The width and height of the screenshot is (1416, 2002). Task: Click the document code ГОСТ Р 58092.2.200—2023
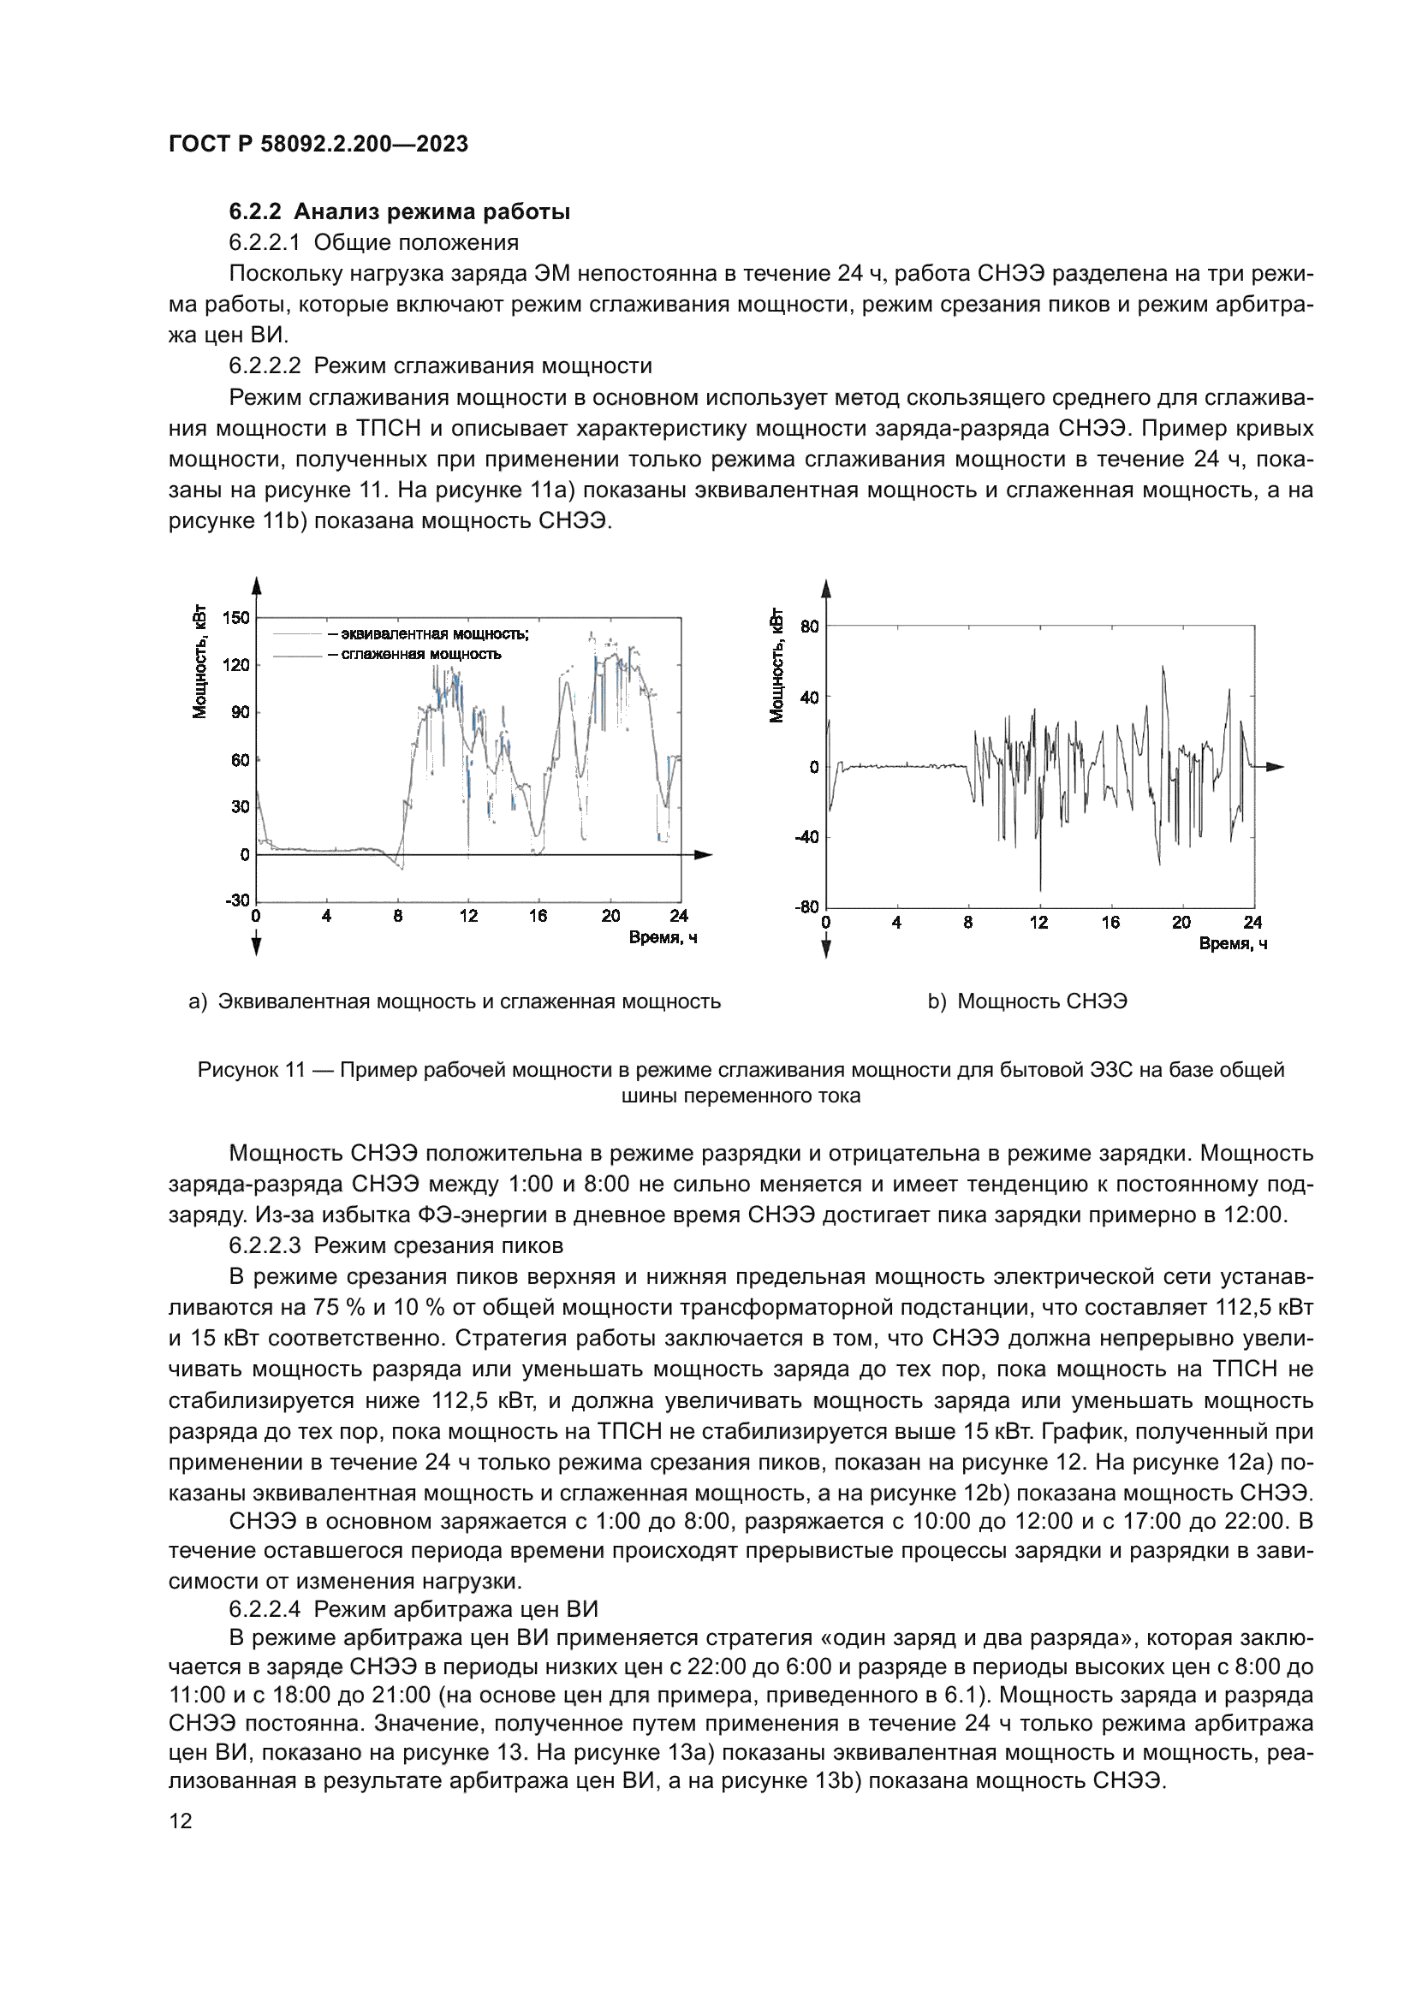[318, 144]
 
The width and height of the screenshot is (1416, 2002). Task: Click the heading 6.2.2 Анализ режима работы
[399, 212]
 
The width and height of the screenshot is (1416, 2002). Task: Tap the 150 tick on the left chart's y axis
[235, 618]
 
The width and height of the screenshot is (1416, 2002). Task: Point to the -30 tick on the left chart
[236, 900]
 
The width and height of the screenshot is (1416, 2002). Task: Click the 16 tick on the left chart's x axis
[538, 917]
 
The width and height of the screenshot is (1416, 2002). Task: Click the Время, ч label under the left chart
[663, 938]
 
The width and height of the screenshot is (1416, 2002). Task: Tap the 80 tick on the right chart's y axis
[809, 627]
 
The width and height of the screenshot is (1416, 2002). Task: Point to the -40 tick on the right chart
[806, 838]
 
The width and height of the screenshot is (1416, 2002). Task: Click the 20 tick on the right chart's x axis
[1181, 924]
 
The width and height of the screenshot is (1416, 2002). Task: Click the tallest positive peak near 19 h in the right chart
[1163, 668]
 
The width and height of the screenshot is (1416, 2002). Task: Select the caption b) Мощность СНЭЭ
[1027, 1002]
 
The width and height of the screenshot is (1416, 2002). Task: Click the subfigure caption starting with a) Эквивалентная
[455, 1002]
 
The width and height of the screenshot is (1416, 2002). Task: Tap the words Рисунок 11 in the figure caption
[251, 1070]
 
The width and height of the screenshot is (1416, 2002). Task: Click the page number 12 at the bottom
[181, 1821]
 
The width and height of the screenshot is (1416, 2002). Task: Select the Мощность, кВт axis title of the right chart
[775, 667]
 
